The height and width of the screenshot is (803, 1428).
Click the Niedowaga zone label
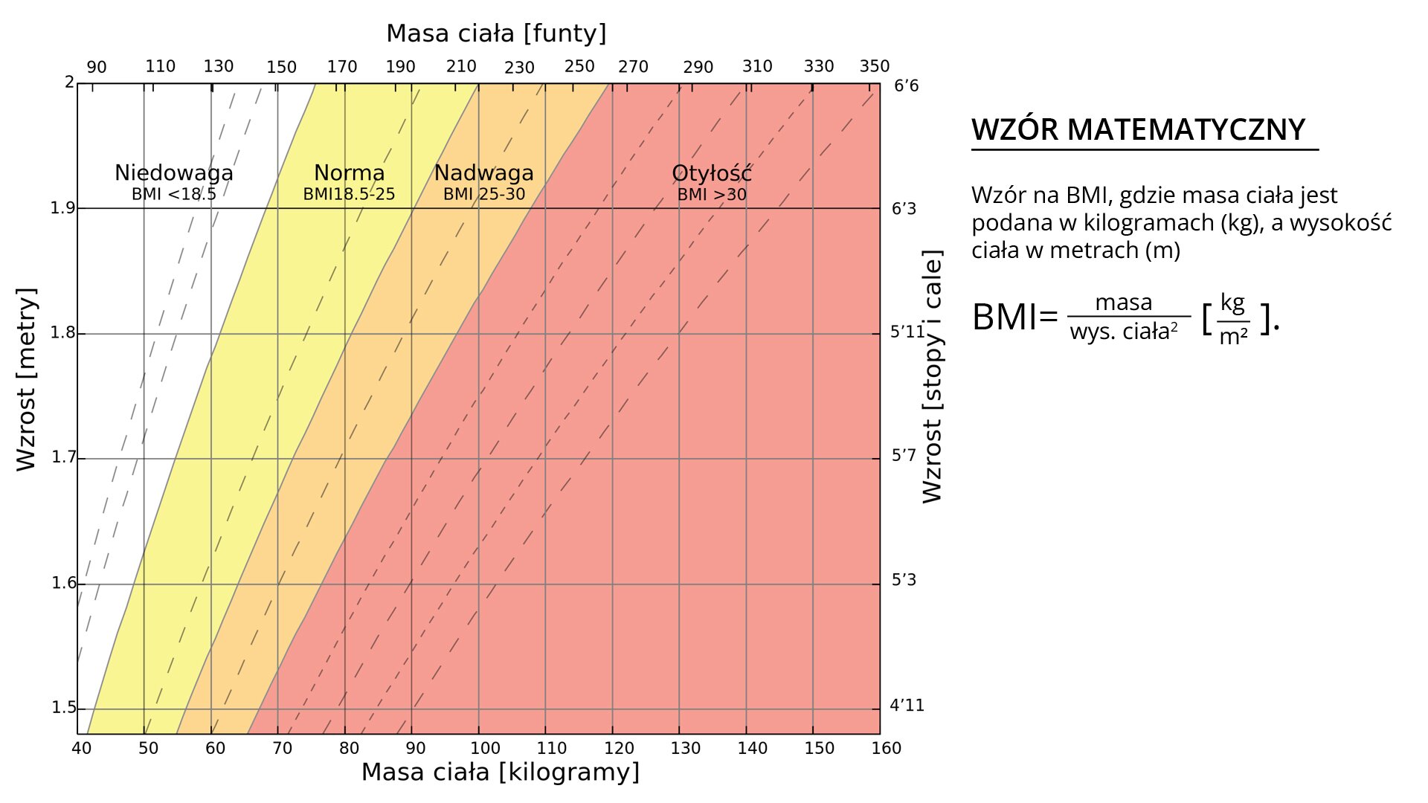click(173, 173)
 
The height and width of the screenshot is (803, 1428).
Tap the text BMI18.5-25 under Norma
click(349, 195)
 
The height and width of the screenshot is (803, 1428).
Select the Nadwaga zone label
click(483, 173)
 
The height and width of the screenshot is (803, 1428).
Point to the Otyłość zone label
click(711, 173)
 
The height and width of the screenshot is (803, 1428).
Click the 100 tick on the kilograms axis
click(485, 748)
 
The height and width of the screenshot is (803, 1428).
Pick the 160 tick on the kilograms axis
click(886, 748)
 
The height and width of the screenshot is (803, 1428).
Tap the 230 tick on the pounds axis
click(519, 68)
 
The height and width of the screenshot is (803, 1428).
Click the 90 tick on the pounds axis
click(97, 68)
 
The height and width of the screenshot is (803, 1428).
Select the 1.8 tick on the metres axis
click(63, 332)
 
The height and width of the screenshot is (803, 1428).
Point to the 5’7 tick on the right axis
click(904, 455)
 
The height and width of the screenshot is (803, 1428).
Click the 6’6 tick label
click(906, 86)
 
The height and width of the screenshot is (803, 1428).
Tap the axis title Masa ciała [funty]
click(496, 33)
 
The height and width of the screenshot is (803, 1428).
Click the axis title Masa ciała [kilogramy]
click(500, 773)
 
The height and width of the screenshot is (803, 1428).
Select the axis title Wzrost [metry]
click(26, 379)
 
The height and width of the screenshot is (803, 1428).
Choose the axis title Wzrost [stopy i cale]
click(932, 376)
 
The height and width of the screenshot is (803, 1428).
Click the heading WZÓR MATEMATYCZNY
click(1138, 130)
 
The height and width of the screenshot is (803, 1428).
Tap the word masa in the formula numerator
click(1123, 303)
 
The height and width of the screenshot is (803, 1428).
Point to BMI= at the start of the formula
click(1014, 317)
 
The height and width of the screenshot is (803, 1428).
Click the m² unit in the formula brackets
click(1233, 336)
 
